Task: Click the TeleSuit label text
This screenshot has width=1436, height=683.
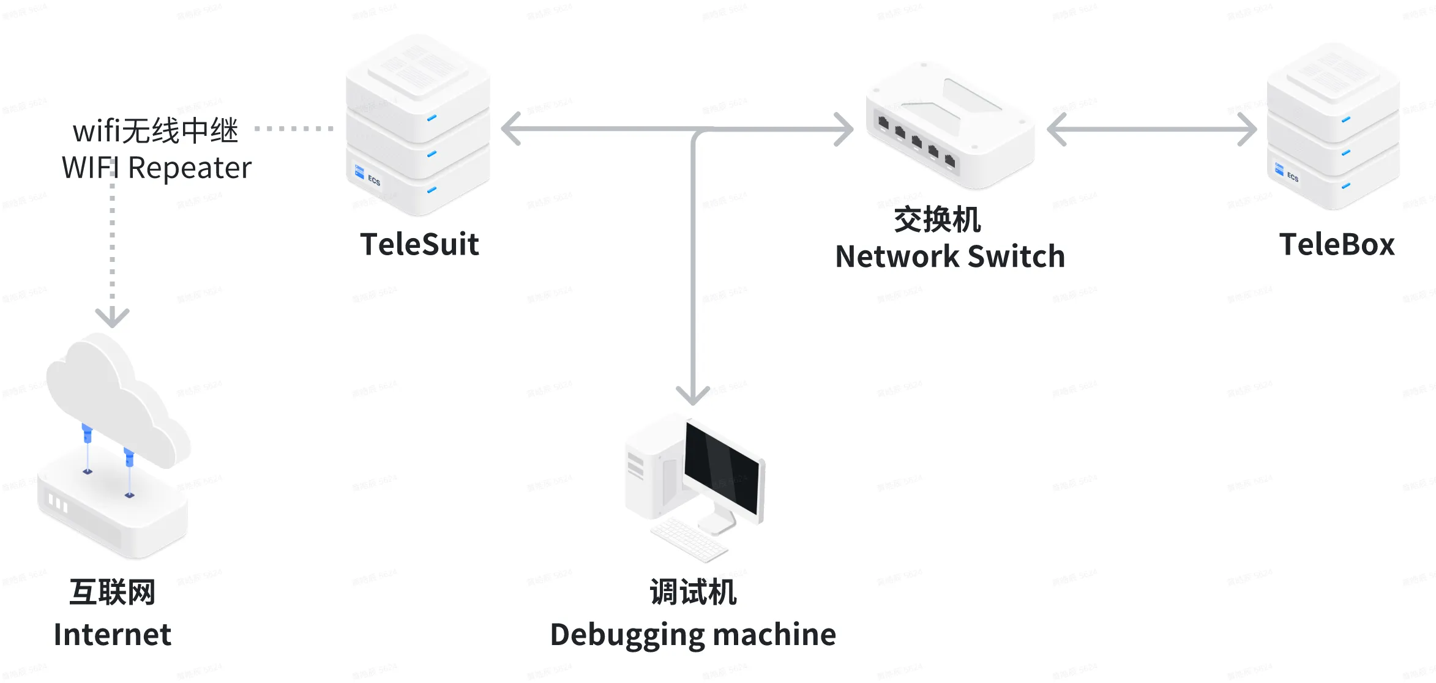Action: pos(419,244)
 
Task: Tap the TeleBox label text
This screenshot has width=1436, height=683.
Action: pos(1337,244)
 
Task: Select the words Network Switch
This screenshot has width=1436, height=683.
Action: pos(950,256)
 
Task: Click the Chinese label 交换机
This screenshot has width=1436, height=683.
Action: pos(937,219)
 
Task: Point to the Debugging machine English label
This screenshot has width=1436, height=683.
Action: pos(693,634)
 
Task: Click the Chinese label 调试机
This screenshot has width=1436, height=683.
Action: pos(693,592)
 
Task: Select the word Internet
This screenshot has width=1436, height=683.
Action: pos(113,634)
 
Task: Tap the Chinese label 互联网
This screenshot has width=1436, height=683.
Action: pos(113,592)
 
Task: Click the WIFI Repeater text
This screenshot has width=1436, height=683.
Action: pos(157,168)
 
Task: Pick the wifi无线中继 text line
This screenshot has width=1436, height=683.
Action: pos(155,130)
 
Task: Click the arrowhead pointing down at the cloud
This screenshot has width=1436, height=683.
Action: pos(112,317)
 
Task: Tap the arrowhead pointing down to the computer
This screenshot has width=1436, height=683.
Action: pos(693,394)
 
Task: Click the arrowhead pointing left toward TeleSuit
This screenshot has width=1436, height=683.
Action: pos(512,129)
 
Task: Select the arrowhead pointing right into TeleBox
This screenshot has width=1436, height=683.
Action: pos(1246,129)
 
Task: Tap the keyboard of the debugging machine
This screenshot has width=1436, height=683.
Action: pos(688,538)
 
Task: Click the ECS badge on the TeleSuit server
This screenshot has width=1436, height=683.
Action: pos(368,176)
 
